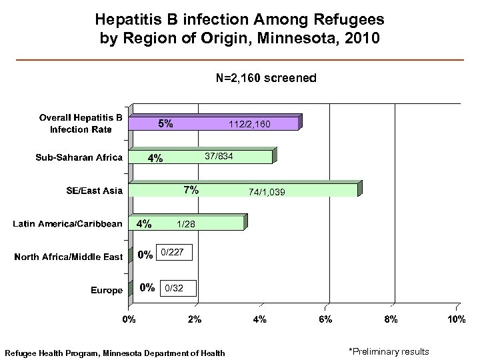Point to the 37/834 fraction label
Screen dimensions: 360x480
click(x=219, y=156)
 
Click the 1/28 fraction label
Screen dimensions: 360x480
click(x=186, y=225)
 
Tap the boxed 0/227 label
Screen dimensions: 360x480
click(x=174, y=252)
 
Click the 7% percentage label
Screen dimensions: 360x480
click(x=191, y=190)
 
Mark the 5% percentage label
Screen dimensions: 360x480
click(x=165, y=123)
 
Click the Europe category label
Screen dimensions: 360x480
click(x=107, y=290)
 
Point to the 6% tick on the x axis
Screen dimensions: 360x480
click(x=325, y=320)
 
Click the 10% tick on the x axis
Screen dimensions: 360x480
click(x=455, y=320)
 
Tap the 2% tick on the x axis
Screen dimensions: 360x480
click(x=194, y=320)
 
